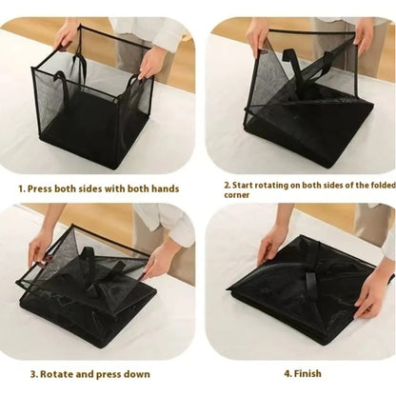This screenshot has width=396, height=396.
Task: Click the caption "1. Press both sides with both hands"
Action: tap(99, 188)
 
